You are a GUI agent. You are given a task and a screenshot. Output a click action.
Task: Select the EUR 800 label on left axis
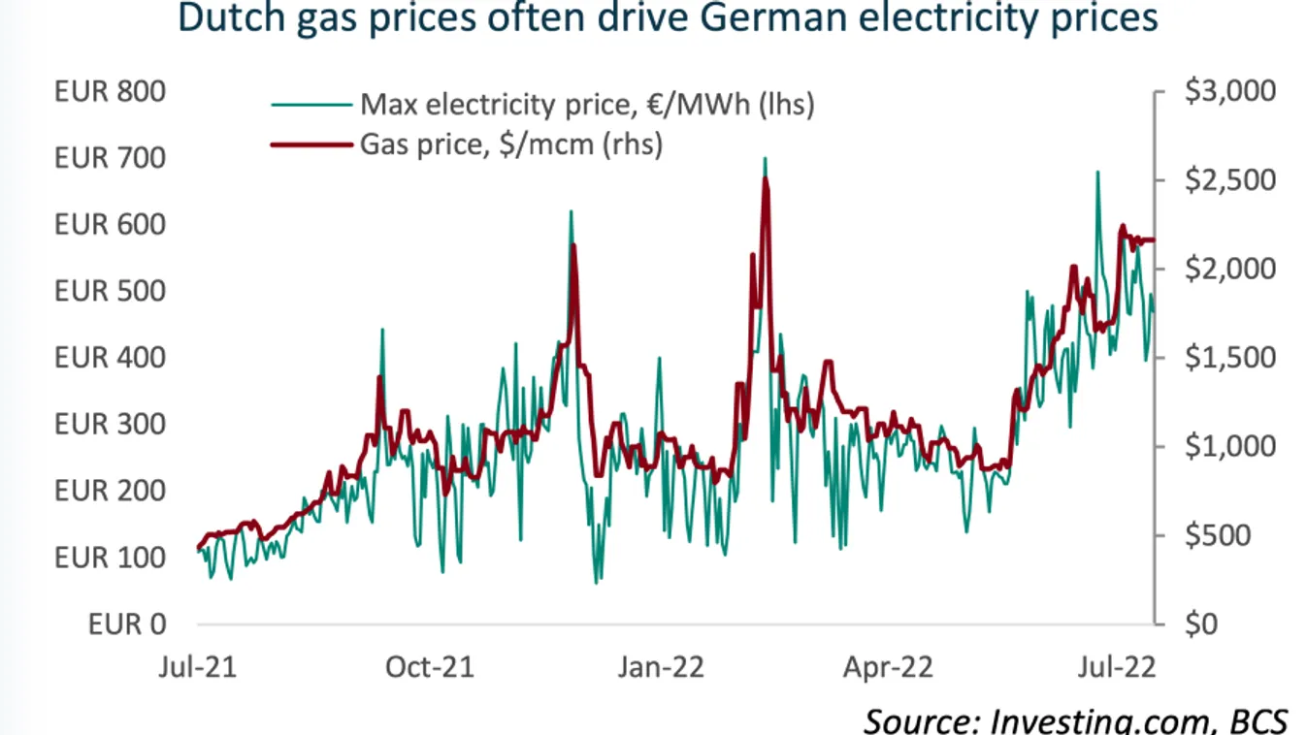(110, 92)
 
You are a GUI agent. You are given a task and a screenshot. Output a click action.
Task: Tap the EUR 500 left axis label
(110, 292)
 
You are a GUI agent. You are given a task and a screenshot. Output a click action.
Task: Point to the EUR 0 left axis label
(126, 624)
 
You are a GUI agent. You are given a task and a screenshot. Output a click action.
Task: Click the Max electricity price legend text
(586, 104)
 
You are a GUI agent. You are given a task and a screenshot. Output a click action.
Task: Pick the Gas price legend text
(511, 144)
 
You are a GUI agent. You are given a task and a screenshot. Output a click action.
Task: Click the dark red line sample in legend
(310, 144)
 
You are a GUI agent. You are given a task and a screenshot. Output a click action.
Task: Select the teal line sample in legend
(310, 104)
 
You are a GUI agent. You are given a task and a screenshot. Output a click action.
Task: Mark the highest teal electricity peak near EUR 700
(765, 159)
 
